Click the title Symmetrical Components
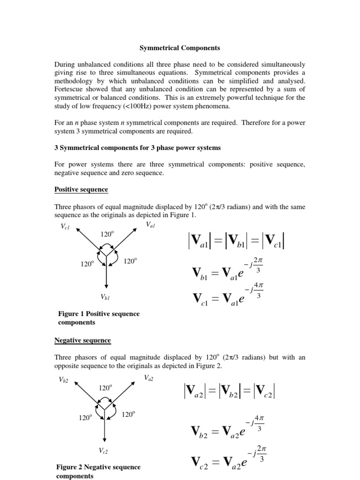tap(180, 48)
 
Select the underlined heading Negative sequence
tap(82, 340)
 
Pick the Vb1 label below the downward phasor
tap(105, 297)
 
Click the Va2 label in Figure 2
tap(149, 378)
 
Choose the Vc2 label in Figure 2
tap(104, 450)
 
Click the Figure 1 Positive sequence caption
tap(98, 318)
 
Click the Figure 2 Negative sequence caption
tap(98, 472)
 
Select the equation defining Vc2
tap(229, 460)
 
